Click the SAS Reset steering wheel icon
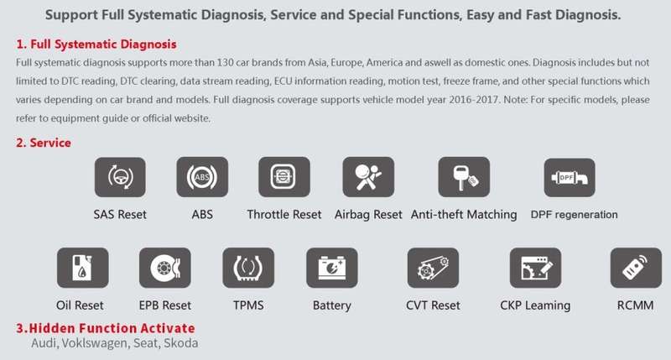(x=120, y=177)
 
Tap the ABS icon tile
(x=202, y=177)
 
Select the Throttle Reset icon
(x=284, y=177)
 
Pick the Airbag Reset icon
(x=368, y=177)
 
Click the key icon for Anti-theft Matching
(x=464, y=177)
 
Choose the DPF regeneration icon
(x=570, y=178)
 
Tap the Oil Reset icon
(x=82, y=268)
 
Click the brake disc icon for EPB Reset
(x=165, y=268)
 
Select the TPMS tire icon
(x=248, y=268)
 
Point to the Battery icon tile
(x=332, y=268)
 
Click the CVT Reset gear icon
(x=433, y=268)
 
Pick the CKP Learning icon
(x=535, y=268)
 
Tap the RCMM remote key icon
(x=636, y=268)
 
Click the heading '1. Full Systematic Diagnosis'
(x=96, y=44)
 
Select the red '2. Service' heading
(x=44, y=143)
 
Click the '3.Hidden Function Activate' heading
(x=106, y=328)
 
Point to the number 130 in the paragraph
(x=225, y=62)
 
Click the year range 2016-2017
(x=474, y=100)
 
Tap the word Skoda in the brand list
(x=181, y=343)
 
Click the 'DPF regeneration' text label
(x=575, y=215)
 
